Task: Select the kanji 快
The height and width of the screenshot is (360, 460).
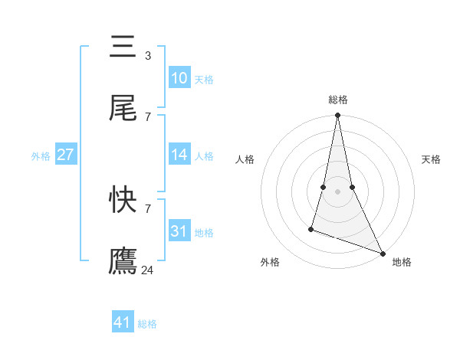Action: (123, 200)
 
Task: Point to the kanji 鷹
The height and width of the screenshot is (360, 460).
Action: (123, 261)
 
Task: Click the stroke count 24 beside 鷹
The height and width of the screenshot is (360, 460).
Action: (148, 270)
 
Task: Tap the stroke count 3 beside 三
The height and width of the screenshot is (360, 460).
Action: (148, 55)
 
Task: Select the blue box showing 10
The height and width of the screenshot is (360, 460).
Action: (179, 78)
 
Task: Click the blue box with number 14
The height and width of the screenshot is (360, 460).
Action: (179, 155)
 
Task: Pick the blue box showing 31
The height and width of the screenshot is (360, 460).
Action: (179, 231)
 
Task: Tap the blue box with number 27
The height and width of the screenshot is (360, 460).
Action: (65, 155)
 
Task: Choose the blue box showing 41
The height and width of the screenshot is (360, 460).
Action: (123, 322)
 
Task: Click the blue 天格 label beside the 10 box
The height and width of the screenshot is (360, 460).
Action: (204, 80)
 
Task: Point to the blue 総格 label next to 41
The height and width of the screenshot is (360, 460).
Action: (147, 324)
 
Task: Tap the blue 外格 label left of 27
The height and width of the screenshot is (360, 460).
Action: (41, 156)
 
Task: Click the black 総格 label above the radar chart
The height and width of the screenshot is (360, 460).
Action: (338, 100)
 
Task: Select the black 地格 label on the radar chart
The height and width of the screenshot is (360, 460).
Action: (402, 262)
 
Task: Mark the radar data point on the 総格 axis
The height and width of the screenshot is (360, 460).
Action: (337, 116)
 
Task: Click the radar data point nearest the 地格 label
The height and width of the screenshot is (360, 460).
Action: (382, 254)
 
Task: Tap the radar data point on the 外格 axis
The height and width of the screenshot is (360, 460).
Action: (311, 228)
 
